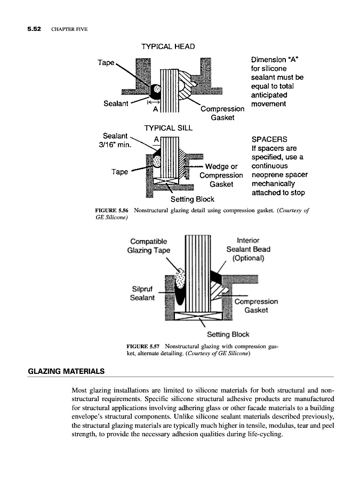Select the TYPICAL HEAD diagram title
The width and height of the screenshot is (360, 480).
pos(167,46)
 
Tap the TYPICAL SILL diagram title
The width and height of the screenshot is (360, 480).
pos(169,128)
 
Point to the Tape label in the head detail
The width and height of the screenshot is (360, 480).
pos(106,62)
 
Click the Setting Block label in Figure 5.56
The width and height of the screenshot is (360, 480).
pos(192,199)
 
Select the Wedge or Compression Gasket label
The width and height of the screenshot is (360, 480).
pos(221,175)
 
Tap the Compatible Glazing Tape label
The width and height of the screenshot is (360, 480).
pos(149,246)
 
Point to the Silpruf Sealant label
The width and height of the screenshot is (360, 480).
pos(142,293)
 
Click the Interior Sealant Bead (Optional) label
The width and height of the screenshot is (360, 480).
pos(248,249)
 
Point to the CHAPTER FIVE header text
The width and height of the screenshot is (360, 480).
pos(69,29)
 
